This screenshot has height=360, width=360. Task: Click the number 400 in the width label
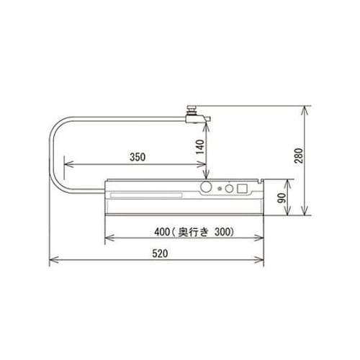point(162,232)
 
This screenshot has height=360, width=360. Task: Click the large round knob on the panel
point(206,188)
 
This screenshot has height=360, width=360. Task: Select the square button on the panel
point(243,189)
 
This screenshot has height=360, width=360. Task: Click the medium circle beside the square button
point(230,189)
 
